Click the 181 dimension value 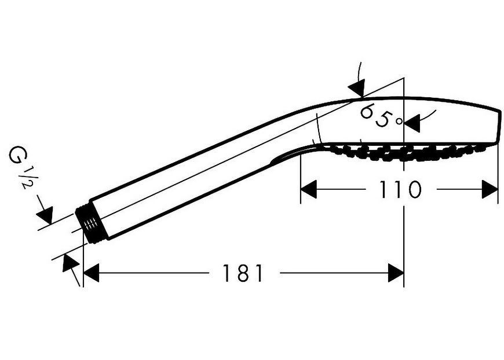(x=243, y=273)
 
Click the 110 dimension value (x=400, y=189)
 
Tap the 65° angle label (x=381, y=115)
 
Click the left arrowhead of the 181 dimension (x=91, y=273)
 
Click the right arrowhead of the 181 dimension (x=396, y=273)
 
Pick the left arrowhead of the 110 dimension (x=309, y=189)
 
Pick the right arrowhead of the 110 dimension (x=490, y=189)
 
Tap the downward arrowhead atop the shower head (x=357, y=87)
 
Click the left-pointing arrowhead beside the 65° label (x=412, y=123)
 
